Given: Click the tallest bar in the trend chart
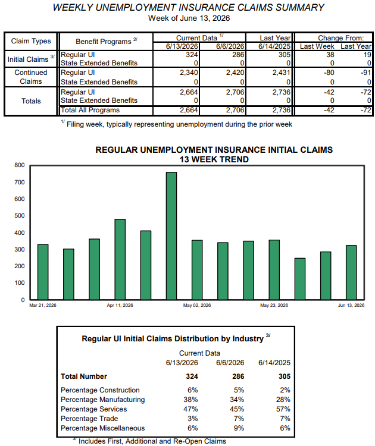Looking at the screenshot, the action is tap(171, 236).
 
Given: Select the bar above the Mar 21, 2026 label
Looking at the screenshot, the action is tap(43, 272).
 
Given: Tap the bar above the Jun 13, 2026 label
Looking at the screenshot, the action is tap(351, 272).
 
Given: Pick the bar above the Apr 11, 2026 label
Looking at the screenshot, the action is tap(120, 259).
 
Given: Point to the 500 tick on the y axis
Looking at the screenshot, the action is tap(20, 216).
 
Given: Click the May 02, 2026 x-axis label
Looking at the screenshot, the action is tap(197, 305).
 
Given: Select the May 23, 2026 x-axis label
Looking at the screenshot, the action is tap(274, 305).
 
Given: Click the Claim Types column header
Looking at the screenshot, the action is tap(31, 41).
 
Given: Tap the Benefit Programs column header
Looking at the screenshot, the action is tap(106, 41).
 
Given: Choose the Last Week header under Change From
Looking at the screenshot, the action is tap(317, 46).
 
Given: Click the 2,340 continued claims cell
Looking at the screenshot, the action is tap(189, 73).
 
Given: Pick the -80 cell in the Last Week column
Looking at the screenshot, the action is tap(329, 73).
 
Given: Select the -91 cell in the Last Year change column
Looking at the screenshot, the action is tap(366, 73).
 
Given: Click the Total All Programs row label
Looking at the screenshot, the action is tap(90, 110).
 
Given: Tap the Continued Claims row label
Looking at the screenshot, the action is tap(31, 77).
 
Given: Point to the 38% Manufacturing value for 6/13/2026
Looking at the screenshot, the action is tap(190, 400).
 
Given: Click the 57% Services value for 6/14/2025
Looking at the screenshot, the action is tap(283, 409).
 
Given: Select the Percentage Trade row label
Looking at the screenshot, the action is tap(89, 419).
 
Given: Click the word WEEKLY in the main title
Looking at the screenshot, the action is tap(73, 7).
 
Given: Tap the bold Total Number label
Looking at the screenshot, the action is tap(84, 376).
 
